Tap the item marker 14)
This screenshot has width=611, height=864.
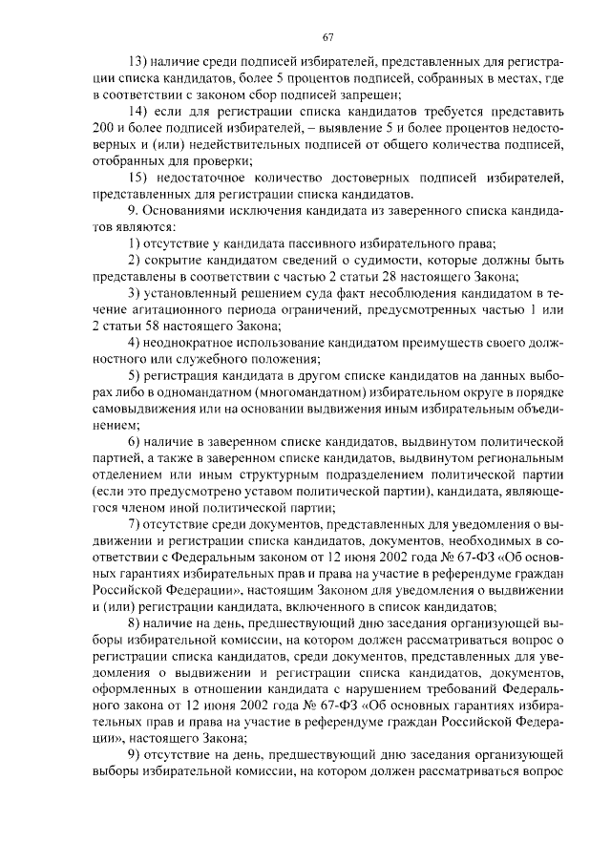coord(139,113)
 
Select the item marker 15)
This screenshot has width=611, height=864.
coord(139,178)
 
